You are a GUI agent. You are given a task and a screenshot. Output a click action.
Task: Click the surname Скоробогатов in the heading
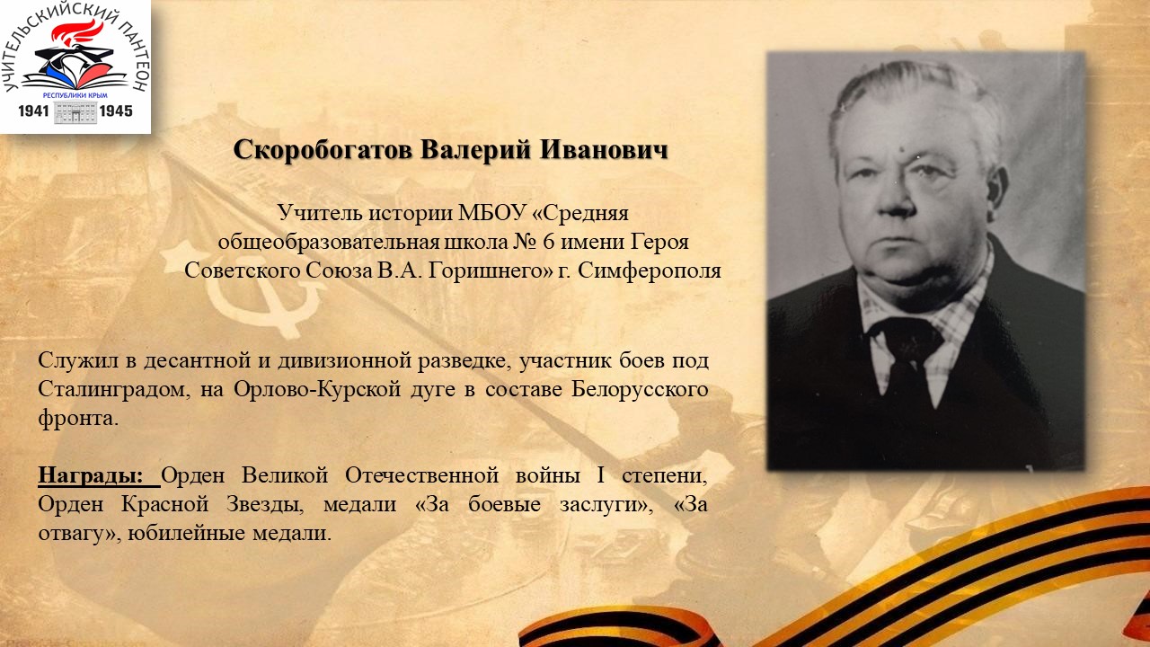323,150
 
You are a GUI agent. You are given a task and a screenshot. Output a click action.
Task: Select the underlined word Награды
91,475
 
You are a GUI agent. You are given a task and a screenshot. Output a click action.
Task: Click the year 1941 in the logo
33,111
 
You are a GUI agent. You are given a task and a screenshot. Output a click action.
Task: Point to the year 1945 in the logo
116,111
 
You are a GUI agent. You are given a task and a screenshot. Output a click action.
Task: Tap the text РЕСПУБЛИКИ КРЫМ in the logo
75,95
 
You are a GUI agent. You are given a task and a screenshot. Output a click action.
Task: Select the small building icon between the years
75,111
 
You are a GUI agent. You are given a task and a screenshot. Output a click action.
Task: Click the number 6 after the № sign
548,242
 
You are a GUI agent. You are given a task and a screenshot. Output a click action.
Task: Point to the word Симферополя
650,270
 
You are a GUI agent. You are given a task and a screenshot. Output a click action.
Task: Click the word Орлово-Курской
317,389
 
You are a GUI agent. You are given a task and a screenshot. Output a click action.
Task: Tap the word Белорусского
641,389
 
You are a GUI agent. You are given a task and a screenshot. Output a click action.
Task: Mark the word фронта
78,419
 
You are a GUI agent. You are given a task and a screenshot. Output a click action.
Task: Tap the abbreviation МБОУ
491,213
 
